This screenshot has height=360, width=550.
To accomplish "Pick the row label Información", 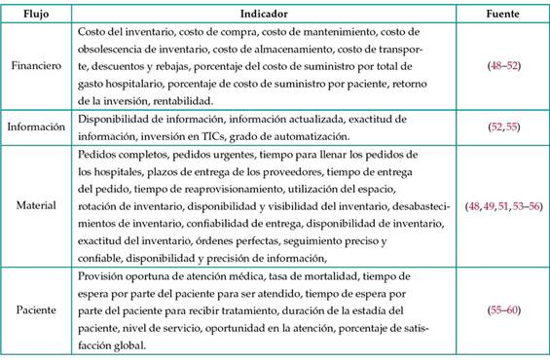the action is (x=38, y=126).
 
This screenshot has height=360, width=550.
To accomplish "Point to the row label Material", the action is (x=38, y=206).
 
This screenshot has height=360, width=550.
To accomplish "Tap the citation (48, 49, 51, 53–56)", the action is (x=504, y=206).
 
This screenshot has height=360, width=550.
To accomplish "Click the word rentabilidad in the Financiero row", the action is (x=179, y=100).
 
